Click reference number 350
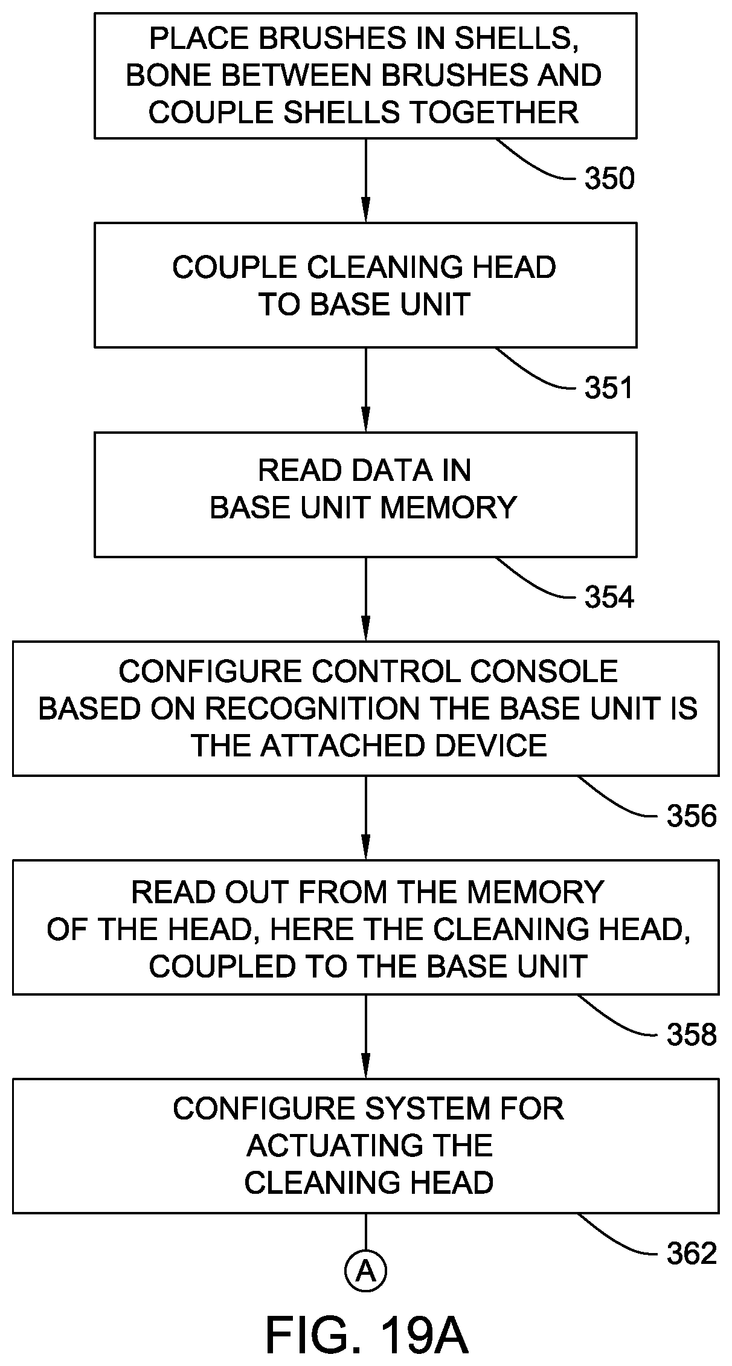point(609,179)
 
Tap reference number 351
point(609,388)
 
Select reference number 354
point(609,598)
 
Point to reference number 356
point(692,816)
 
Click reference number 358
point(692,1035)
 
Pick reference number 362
point(692,1254)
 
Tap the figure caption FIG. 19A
point(367,1336)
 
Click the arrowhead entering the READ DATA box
point(365,420)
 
